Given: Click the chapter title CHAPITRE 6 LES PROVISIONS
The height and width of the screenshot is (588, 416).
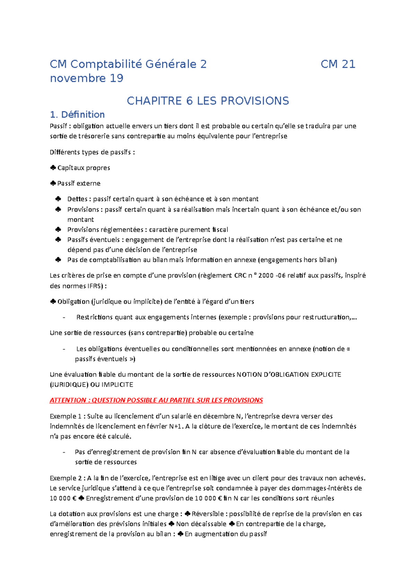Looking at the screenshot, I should click(x=208, y=101).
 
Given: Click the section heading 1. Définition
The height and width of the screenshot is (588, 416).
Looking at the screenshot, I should click(x=77, y=115).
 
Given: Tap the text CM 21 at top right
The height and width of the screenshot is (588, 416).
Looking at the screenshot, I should click(x=338, y=64).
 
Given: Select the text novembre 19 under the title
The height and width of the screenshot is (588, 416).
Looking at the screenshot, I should click(x=87, y=78).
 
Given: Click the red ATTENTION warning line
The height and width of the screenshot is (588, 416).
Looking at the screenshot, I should click(x=156, y=400).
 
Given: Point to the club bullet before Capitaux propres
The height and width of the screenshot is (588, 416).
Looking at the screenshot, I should click(x=53, y=168).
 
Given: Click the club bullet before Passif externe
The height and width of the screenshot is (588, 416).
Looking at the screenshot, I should click(x=53, y=183).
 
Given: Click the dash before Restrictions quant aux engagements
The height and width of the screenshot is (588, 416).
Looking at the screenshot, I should click(x=64, y=318).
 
